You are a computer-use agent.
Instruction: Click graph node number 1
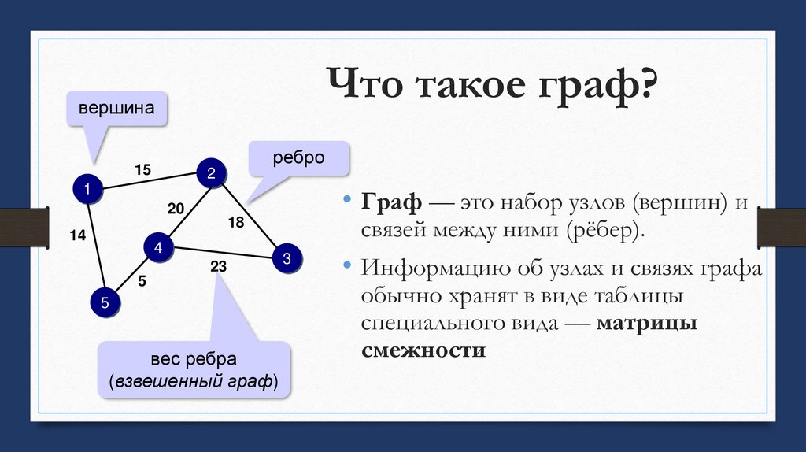pos(87,189)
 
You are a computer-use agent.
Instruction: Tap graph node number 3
pos(287,258)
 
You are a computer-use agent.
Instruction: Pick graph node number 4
pos(158,248)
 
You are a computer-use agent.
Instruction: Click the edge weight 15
pos(142,169)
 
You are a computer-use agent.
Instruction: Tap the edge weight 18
pos(236,223)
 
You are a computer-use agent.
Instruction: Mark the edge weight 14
pos(76,234)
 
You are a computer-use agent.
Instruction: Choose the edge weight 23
pos(218,268)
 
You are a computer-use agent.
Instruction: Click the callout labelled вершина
pos(116,108)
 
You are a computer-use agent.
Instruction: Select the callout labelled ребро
pos(299,157)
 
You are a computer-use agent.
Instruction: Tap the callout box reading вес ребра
pos(194,370)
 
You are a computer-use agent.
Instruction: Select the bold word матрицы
pos(647,324)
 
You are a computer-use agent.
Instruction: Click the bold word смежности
pos(423,351)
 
